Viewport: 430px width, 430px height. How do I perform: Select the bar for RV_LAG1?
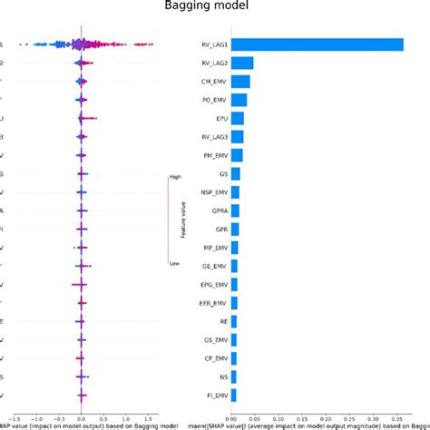pyautogui.click(x=318, y=44)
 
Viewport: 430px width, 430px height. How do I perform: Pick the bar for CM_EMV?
pyautogui.click(x=241, y=82)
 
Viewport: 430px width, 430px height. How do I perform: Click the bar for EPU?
pyautogui.click(x=238, y=118)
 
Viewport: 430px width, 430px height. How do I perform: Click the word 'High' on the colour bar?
pyautogui.click(x=174, y=177)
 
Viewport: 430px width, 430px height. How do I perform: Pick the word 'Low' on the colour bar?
pyautogui.click(x=173, y=263)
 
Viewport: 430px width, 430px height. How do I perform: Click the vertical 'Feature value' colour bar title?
pyautogui.click(x=184, y=220)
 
